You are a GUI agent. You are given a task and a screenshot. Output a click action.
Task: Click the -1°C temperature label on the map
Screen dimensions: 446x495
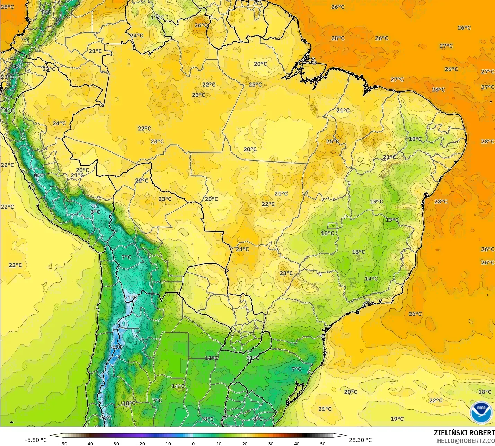pos(131,297)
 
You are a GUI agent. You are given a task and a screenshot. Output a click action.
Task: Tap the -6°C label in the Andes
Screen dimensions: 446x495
pos(116,347)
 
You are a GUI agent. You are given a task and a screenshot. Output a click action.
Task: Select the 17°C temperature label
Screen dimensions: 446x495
pos(157,17)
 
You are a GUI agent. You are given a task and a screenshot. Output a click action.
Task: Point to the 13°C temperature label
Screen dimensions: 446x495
pos(392,220)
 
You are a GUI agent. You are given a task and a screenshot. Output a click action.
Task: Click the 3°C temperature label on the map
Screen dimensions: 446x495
pos(95,212)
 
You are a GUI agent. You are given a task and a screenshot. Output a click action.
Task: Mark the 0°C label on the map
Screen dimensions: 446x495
pos(39,175)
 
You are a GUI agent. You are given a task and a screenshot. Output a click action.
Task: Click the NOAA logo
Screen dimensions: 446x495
pos(481,413)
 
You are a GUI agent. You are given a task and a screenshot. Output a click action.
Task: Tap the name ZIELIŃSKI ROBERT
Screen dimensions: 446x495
pos(464,433)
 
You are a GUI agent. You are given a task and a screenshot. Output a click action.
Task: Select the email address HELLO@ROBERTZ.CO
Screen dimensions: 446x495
pos(466,441)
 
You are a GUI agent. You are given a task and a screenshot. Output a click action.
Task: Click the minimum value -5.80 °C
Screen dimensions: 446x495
pos(36,440)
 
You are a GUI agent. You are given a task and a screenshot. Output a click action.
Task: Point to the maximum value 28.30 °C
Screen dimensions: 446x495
pos(360,440)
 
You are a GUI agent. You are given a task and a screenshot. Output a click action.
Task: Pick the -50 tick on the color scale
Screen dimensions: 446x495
pos(63,443)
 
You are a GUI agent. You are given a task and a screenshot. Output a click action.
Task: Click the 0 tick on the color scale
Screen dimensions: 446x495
pos(193,443)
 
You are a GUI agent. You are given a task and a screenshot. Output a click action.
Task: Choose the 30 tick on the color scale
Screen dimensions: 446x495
pos(271,443)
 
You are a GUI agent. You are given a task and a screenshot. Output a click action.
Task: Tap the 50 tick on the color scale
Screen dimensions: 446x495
pos(323,443)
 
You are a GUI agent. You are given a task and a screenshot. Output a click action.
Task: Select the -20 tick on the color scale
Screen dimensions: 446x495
pos(141,443)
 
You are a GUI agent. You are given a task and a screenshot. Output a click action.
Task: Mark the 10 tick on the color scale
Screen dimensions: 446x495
pos(219,443)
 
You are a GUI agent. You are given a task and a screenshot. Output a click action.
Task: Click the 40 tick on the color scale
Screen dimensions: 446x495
pos(297,443)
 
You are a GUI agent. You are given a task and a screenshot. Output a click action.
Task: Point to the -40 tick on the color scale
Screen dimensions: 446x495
pos(89,443)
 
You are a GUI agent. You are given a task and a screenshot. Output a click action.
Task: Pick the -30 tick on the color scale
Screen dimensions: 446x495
pos(115,443)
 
